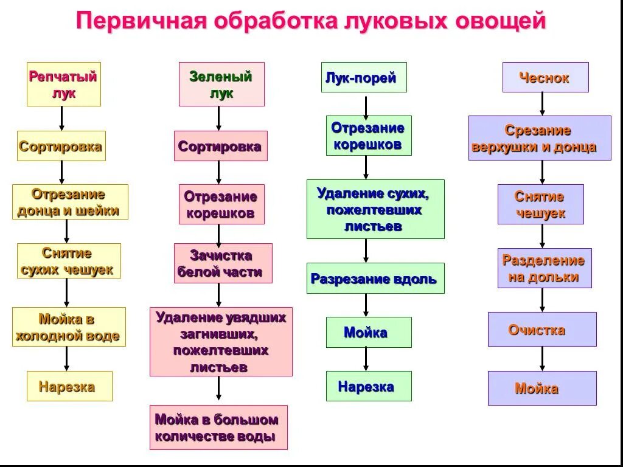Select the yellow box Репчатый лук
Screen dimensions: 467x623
63,84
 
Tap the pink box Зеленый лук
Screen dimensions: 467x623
221,84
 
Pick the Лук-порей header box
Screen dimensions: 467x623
364,77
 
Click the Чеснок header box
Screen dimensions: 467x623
545,77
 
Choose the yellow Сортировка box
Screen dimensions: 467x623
61,146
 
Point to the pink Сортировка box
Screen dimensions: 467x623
220,146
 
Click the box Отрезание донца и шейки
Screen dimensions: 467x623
70,202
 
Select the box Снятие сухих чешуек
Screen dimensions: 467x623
69,261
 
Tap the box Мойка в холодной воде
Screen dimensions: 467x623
69,327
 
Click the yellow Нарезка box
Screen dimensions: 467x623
69,386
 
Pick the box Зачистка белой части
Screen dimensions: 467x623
223,263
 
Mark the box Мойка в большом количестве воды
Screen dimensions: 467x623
218,427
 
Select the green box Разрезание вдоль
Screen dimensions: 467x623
375,278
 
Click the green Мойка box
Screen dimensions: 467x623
369,332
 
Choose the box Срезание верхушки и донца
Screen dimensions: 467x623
540,138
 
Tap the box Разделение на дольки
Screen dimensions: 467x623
544,268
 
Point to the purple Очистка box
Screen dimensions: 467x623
542,329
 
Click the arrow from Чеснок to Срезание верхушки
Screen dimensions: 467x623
543,104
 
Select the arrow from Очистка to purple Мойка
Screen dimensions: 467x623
542,359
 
